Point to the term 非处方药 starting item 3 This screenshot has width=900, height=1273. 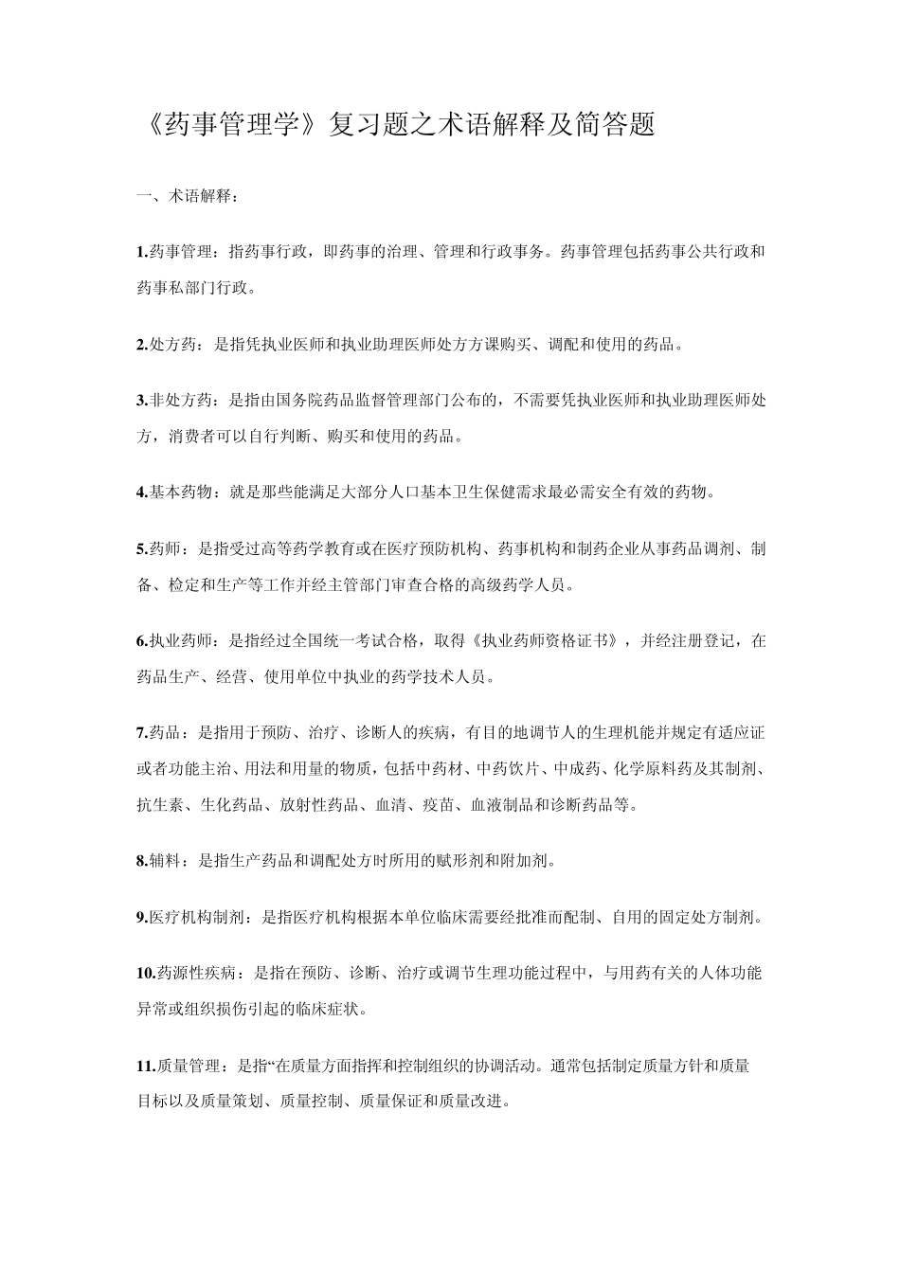pyautogui.click(x=172, y=401)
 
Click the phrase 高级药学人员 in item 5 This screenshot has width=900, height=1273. pyautogui.click(x=517, y=584)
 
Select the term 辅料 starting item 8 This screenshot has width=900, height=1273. pyautogui.click(x=165, y=861)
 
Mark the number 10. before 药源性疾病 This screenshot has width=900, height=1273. pyautogui.click(x=146, y=973)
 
